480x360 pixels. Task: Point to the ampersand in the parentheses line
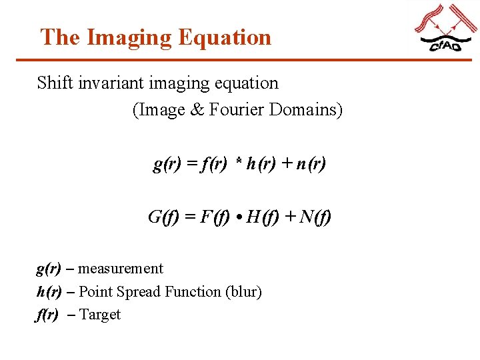pyautogui.click(x=197, y=109)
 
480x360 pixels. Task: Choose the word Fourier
pyautogui.click(x=237, y=109)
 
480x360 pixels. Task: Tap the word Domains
pyautogui.click(x=306, y=109)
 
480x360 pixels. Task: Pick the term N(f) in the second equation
pyautogui.click(x=315, y=217)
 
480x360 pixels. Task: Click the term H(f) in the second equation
pyautogui.click(x=262, y=217)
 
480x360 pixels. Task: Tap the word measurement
pyautogui.click(x=121, y=269)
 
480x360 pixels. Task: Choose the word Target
pyautogui.click(x=100, y=315)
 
